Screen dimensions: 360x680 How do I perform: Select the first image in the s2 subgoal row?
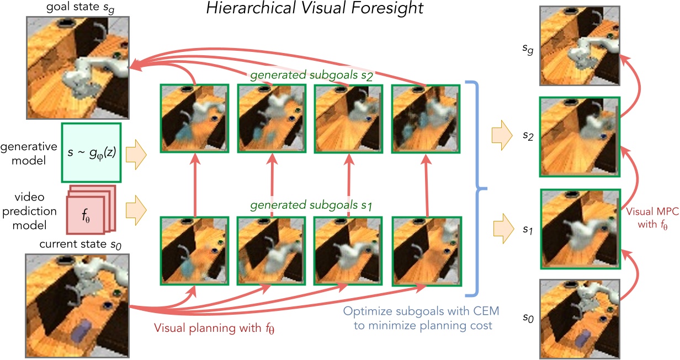pyautogui.click(x=194, y=118)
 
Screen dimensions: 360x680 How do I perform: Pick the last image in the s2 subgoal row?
pyautogui.click(x=426, y=118)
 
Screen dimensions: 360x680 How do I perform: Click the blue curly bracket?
pyautogui.click(x=476, y=188)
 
